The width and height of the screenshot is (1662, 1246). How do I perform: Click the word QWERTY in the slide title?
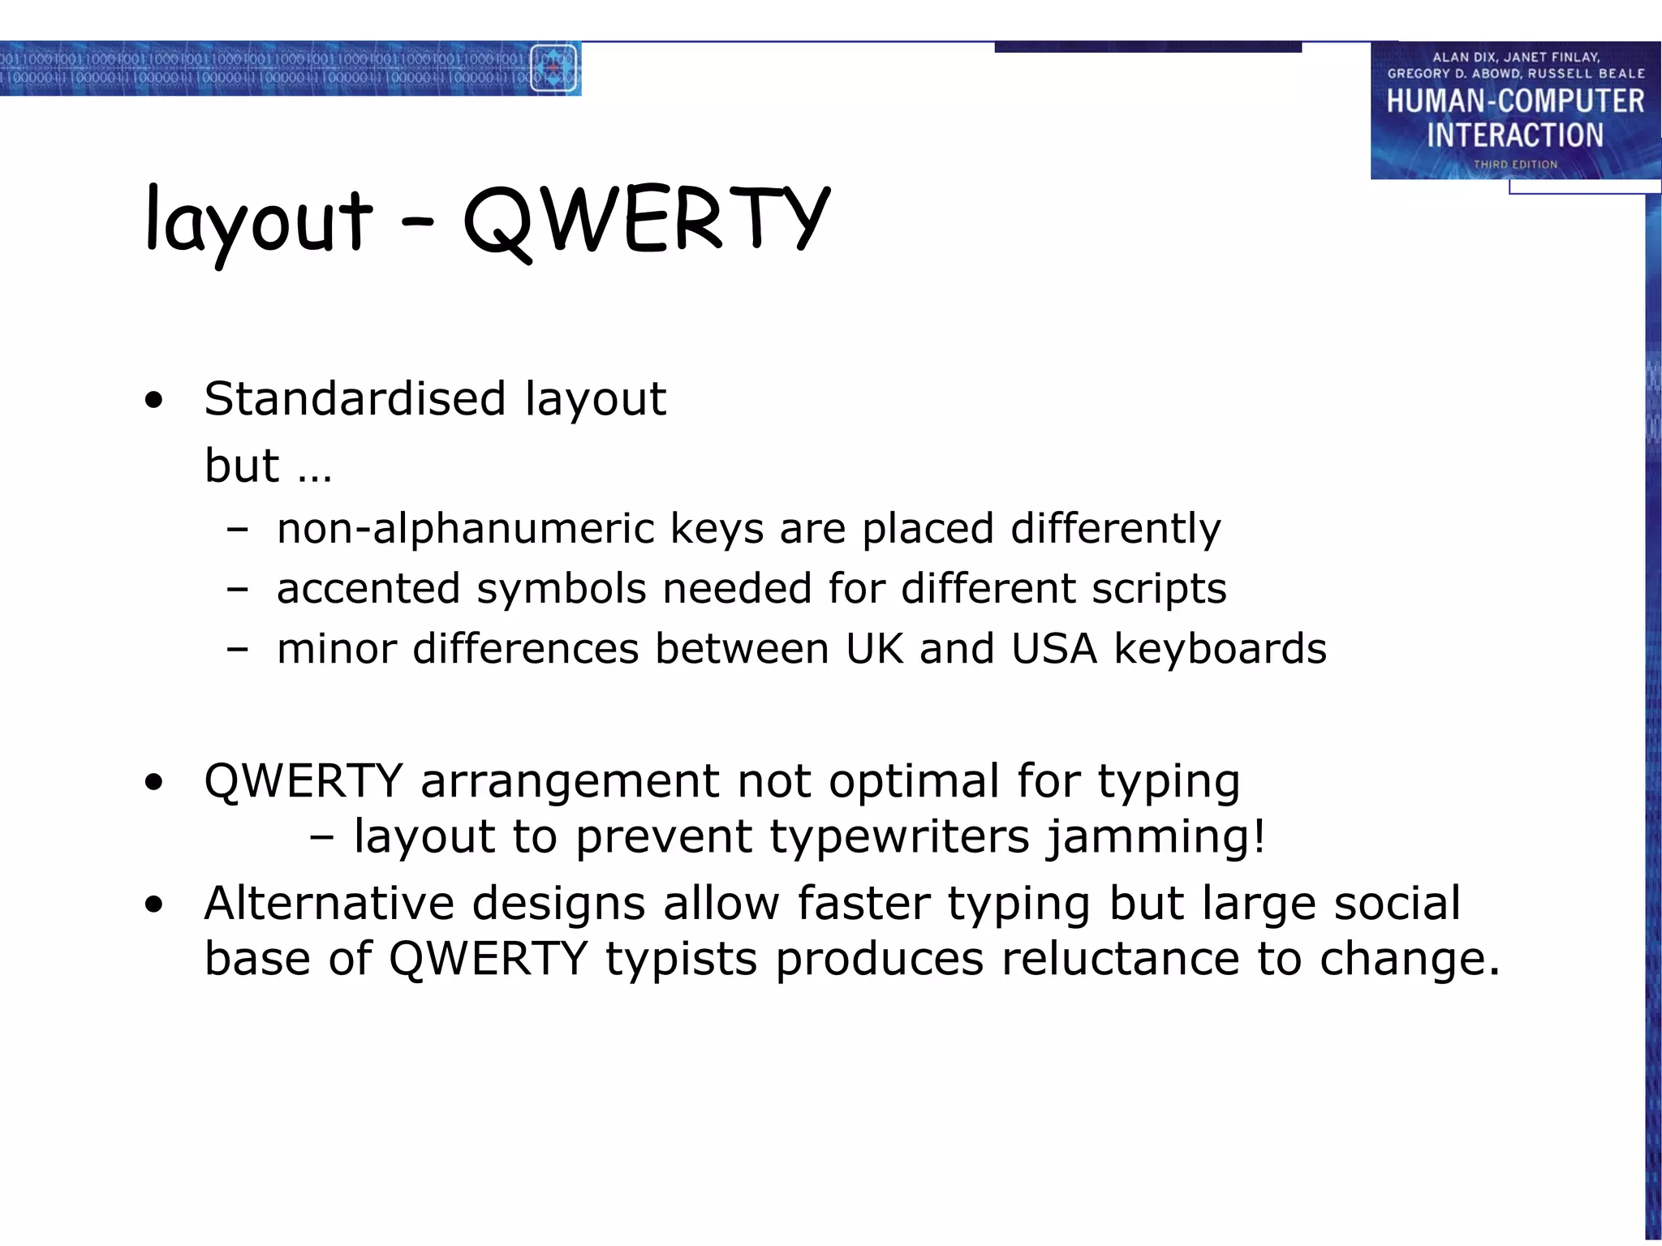[645, 219]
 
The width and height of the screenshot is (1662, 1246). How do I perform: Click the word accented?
[368, 589]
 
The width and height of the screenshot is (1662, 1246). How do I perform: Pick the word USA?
[1054, 649]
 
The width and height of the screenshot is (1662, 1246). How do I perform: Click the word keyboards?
[1220, 649]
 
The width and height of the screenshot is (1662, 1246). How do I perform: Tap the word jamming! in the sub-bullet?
[1156, 837]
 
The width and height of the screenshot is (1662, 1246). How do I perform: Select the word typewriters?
[899, 837]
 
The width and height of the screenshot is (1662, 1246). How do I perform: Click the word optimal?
[914, 781]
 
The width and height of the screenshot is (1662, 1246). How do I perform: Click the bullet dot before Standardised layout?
[153, 401]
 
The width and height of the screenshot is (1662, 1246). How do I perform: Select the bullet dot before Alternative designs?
[153, 905]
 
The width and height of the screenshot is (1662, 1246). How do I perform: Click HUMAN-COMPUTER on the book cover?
[1515, 101]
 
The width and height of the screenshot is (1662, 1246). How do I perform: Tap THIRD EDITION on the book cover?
[1515, 165]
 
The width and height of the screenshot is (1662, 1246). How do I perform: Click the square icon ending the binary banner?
[554, 69]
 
